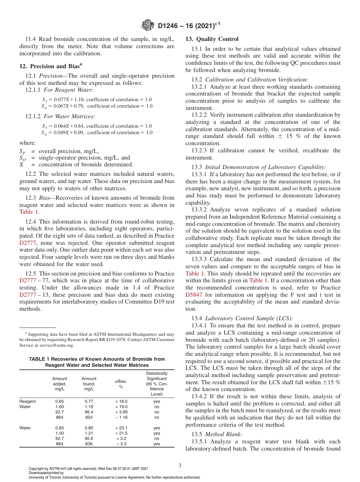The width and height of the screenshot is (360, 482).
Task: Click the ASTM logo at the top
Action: coord(147,25)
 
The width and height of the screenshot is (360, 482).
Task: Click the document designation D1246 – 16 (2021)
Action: coord(189,26)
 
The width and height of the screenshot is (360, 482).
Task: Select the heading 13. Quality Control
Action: coord(212,39)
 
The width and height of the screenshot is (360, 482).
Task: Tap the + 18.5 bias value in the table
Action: coord(121,401)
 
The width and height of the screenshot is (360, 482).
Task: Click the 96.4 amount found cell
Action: coord(89,412)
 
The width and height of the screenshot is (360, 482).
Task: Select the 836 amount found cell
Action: coord(89,444)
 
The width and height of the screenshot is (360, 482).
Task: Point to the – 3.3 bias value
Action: coord(121,444)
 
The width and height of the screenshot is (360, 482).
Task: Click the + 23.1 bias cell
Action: coord(121,428)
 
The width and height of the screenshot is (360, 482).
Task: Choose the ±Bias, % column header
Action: coord(121,384)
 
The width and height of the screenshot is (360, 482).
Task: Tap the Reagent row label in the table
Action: coord(27,401)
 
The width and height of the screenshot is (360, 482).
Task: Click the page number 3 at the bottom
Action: coord(180,465)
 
